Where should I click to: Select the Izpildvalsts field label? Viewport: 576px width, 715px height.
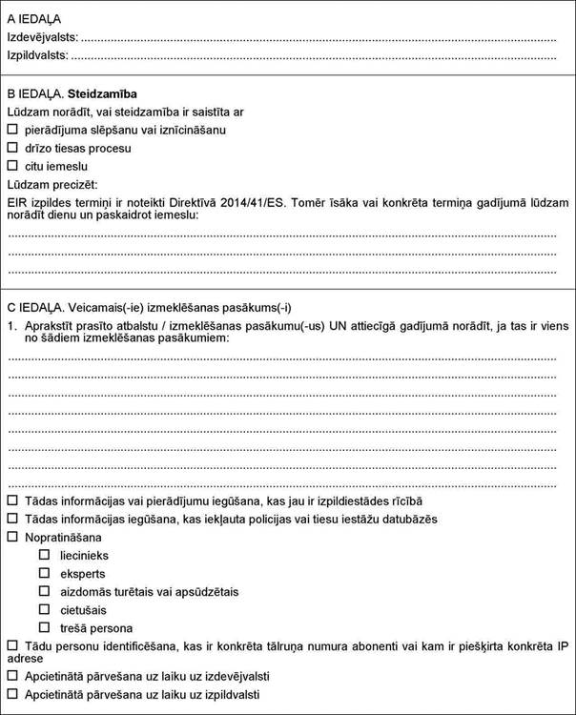point(38,55)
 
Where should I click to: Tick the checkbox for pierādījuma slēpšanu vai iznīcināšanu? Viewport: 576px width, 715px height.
point(12,130)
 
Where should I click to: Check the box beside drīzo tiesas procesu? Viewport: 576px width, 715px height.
point(12,148)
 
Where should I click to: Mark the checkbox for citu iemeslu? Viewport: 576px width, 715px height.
point(12,166)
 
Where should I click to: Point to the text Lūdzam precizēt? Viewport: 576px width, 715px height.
point(52,184)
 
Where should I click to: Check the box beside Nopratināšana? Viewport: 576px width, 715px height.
point(12,538)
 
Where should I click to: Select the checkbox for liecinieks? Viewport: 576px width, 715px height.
point(44,555)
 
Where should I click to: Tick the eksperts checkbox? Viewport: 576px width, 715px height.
point(44,573)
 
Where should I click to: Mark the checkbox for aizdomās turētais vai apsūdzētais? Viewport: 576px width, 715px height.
point(44,591)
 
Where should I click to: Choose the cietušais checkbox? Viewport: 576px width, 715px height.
point(44,609)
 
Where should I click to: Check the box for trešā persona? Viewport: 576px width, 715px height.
point(44,627)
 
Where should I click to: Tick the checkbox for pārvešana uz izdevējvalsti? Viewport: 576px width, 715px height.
point(12,675)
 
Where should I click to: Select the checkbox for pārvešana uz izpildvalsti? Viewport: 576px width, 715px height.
point(12,694)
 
